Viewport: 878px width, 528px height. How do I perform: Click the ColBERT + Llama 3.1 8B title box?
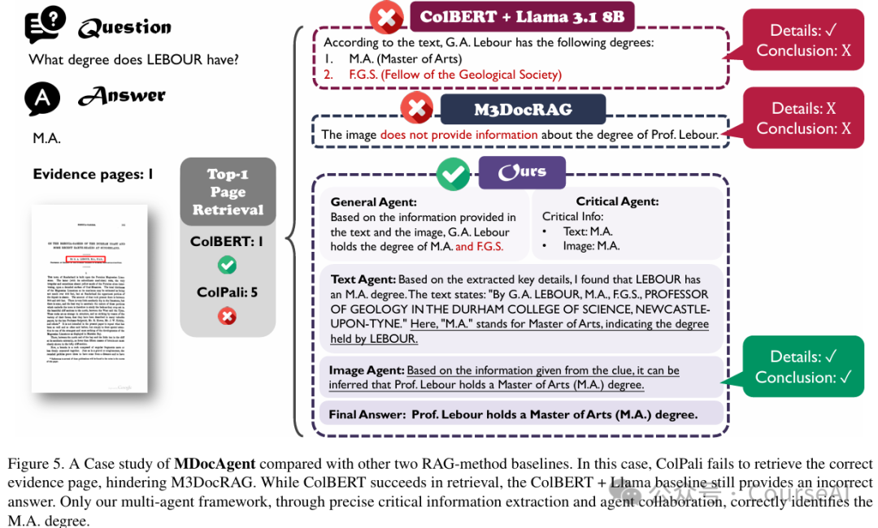pos(521,16)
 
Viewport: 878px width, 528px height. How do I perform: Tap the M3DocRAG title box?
pos(523,110)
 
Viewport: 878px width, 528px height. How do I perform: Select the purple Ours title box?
pos(521,172)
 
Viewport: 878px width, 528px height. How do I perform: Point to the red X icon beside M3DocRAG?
pos(417,107)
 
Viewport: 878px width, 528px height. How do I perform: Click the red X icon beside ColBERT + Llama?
pos(385,16)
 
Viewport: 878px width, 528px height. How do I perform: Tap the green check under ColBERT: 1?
pos(228,265)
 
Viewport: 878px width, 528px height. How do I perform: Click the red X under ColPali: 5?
pos(228,316)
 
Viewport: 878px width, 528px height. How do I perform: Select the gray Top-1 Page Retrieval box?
pos(228,192)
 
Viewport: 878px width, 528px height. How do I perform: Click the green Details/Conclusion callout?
pos(803,366)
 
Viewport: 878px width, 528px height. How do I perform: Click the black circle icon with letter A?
pos(42,98)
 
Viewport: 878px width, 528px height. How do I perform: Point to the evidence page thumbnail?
pos(89,299)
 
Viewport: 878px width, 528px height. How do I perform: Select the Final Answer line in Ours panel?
pos(513,414)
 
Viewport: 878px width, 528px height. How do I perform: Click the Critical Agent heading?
pos(617,201)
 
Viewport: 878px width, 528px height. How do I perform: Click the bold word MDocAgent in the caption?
pos(215,465)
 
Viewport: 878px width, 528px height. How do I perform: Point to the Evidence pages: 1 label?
pos(93,174)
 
